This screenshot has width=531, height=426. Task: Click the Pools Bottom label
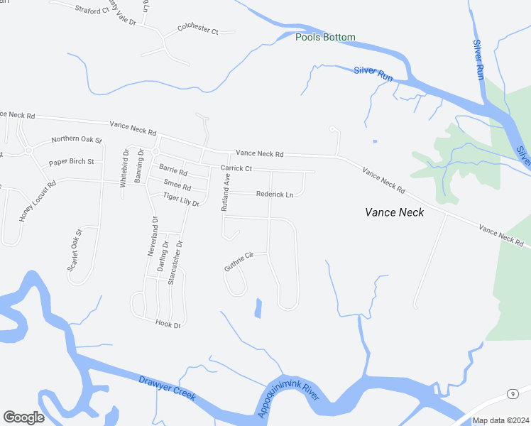click(325, 37)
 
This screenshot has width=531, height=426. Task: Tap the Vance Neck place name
click(394, 212)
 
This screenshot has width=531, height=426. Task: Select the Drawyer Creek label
click(168, 388)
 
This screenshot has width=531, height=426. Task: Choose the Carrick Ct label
click(236, 168)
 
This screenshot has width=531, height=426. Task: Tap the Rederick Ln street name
click(275, 194)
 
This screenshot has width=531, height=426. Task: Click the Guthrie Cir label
click(239, 261)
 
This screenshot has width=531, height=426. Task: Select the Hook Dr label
click(168, 324)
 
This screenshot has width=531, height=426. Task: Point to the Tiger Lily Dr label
click(181, 200)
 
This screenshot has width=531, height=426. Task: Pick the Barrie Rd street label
click(173, 170)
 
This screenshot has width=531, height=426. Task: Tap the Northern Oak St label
click(77, 141)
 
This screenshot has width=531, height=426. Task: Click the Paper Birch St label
click(71, 162)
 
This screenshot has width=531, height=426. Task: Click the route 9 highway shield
click(511, 393)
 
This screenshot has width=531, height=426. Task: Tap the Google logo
click(23, 417)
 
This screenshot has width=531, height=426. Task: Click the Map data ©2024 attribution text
click(500, 420)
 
